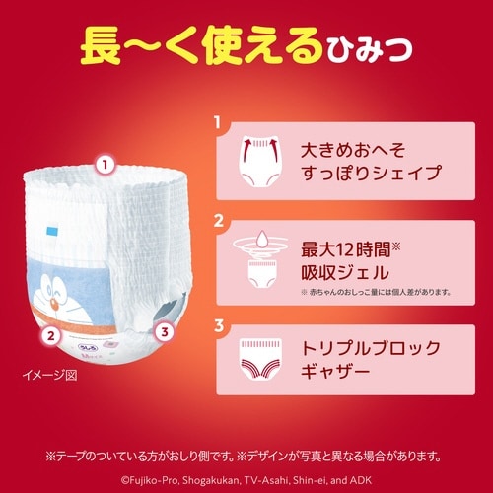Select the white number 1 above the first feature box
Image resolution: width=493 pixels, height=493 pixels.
click(217, 124)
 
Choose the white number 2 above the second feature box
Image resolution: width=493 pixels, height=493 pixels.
click(217, 220)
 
